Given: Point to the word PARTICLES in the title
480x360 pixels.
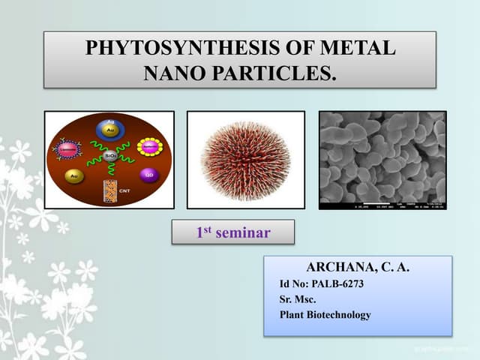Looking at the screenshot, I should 277,73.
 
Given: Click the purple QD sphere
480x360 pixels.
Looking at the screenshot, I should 150,177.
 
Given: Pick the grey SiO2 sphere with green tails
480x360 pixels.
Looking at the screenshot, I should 109,157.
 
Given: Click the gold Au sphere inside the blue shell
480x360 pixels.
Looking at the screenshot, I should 109,130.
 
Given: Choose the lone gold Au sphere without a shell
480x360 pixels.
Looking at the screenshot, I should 73,177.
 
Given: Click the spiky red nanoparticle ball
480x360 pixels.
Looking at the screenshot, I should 245,160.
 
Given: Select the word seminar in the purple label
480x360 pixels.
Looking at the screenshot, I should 242,233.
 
